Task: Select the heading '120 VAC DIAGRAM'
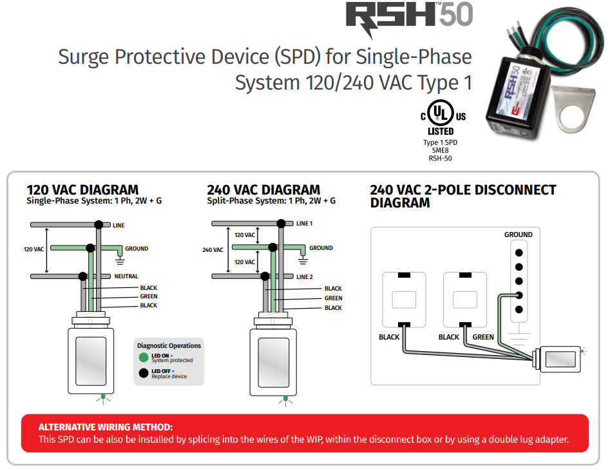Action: tap(82, 190)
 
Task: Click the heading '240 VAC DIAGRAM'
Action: tap(263, 190)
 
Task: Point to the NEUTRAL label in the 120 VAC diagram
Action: tap(126, 276)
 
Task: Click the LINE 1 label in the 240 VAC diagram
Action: tap(304, 224)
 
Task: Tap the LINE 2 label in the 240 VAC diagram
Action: tap(304, 276)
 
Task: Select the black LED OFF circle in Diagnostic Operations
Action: tap(143, 373)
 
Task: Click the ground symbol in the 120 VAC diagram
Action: tap(119, 261)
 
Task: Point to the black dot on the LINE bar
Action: tap(99, 224)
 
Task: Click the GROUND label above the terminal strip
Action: tap(518, 235)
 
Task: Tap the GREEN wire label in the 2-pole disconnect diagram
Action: tap(483, 337)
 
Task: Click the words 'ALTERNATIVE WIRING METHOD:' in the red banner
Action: tap(106, 427)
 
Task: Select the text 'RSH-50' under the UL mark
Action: tap(441, 158)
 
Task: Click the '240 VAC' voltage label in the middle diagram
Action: tap(213, 250)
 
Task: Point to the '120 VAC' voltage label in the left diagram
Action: tap(33, 249)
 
